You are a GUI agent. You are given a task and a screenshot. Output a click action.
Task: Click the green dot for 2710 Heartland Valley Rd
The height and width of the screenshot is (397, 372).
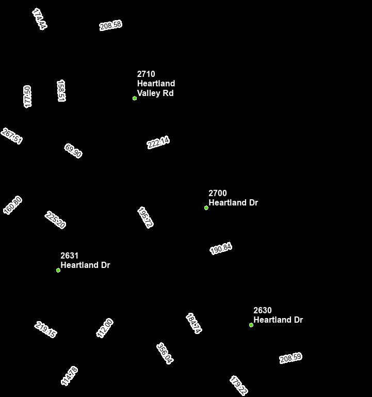coord(135,98)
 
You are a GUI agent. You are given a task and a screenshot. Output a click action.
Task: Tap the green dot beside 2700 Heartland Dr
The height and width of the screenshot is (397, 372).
coord(206,208)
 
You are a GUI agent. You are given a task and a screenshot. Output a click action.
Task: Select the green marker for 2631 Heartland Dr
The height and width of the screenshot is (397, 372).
coord(58,270)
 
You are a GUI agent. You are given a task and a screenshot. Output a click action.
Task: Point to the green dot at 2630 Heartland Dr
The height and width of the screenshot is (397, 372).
coord(251,325)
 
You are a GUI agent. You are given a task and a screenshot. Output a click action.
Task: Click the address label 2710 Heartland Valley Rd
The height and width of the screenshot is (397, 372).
coord(156,84)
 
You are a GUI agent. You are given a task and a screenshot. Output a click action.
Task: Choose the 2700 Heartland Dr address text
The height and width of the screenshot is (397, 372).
coord(233,198)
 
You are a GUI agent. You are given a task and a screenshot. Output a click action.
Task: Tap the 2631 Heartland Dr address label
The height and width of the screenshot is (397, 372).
coord(85,261)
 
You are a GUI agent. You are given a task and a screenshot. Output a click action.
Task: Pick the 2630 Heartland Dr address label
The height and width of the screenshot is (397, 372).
coord(278,315)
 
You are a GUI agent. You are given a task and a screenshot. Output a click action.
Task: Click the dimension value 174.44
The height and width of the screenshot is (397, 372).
coord(39,19)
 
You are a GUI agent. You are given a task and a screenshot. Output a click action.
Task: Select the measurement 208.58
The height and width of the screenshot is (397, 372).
coord(110,25)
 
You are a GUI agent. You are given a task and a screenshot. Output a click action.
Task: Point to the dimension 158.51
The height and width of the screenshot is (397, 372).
coord(61,91)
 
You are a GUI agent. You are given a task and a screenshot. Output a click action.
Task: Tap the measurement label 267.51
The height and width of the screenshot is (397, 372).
coord(12,136)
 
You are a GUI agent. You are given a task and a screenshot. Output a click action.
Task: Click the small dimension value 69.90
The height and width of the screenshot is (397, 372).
coord(73,151)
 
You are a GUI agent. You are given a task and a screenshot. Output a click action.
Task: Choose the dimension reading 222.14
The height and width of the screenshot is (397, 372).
coord(158,142)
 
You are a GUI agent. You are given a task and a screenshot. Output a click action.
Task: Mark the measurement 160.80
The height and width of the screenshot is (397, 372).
coord(13,205)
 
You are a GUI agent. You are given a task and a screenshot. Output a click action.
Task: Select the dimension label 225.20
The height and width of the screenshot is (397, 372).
coord(55,220)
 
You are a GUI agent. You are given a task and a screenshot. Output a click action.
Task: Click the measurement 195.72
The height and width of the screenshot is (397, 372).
coord(145,217)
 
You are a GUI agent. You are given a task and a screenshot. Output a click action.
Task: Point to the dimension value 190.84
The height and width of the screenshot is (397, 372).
coord(221,249)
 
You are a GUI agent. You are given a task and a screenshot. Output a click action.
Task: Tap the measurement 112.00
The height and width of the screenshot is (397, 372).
coord(105,328)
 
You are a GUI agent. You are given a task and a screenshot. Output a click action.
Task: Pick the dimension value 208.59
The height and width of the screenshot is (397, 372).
coord(290,358)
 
